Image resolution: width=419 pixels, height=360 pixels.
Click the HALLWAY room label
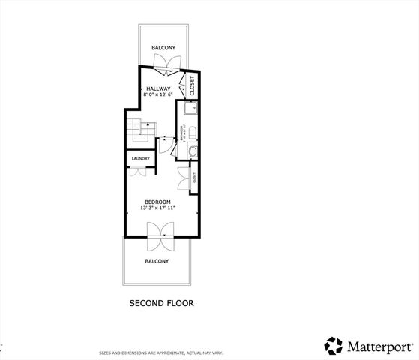157,88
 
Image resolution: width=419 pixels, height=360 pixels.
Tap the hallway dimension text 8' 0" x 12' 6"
157,94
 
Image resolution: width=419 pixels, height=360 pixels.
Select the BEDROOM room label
157,202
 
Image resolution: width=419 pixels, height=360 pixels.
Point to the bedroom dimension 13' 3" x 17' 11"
157,209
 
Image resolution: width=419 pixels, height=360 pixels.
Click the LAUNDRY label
140,159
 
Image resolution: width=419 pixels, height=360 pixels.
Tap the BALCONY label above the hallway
163,48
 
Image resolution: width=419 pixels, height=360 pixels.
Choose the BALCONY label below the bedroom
157,261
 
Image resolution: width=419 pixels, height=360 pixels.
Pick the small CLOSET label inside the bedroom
195,178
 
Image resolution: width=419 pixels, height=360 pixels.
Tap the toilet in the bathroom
192,133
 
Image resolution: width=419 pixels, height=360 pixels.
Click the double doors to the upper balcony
164,70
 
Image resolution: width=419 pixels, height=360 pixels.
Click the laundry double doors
138,171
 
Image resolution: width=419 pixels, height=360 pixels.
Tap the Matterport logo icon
333,346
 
